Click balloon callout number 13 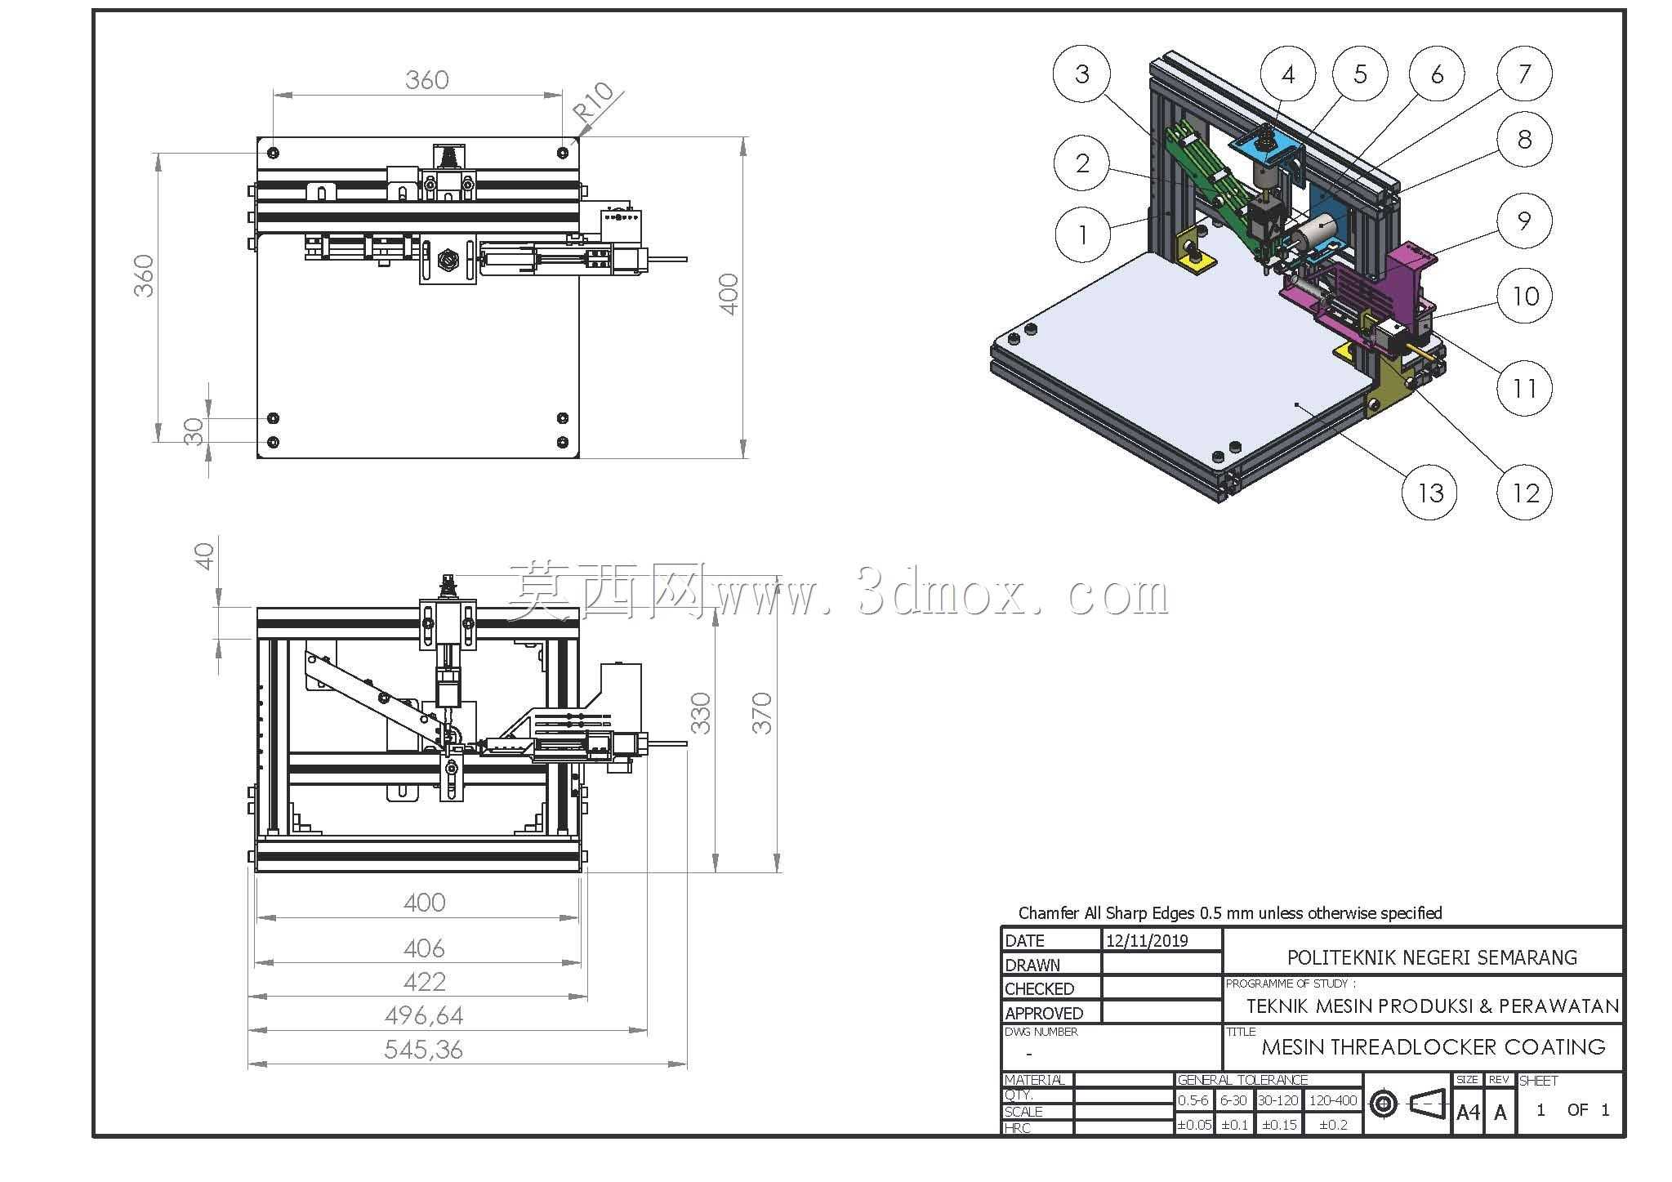click(1429, 493)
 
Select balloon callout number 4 click(1288, 75)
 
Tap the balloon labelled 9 click(1524, 221)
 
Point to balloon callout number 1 click(1083, 234)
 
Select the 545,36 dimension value click(424, 1050)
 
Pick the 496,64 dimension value click(424, 1015)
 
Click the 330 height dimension click(700, 712)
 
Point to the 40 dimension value click(204, 556)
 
